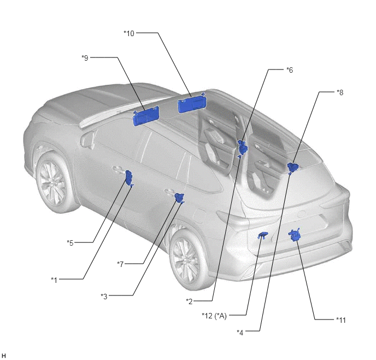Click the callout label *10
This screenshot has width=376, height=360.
[x=129, y=33]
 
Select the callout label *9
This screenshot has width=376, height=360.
[x=85, y=58]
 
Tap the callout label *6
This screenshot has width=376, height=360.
[x=290, y=70]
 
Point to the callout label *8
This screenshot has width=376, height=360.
[x=340, y=92]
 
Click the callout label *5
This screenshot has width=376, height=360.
[x=70, y=243]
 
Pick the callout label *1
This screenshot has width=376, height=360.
[x=54, y=280]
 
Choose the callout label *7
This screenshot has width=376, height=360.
[x=120, y=264]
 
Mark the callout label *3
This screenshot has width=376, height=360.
[x=104, y=297]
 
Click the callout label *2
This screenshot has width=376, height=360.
[x=190, y=301]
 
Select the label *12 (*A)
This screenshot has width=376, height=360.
[x=214, y=316]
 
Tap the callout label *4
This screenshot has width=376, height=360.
[x=240, y=333]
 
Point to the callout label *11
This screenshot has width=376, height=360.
[x=341, y=320]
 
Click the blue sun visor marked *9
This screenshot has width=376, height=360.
[x=146, y=116]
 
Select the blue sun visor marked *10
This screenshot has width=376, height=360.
[x=192, y=102]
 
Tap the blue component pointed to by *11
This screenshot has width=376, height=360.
[x=295, y=235]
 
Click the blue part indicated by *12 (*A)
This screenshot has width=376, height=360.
[x=262, y=235]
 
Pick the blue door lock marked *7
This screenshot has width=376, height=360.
[x=179, y=198]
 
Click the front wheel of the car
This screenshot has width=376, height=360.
[x=52, y=180]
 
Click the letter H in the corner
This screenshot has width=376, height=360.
[x=3, y=356]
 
